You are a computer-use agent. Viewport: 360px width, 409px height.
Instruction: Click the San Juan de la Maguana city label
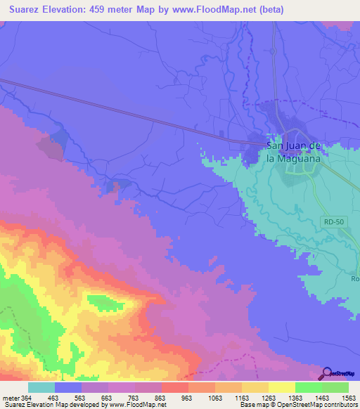(x=294, y=152)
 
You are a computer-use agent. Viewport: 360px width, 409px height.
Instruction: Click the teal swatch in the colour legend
(x=41, y=387)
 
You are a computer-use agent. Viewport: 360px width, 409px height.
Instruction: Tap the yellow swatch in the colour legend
(x=282, y=387)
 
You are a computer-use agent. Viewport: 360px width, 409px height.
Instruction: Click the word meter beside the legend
(x=10, y=397)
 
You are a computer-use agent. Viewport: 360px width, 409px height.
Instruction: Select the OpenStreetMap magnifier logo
(x=326, y=372)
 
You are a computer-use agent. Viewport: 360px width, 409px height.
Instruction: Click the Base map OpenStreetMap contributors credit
(x=298, y=405)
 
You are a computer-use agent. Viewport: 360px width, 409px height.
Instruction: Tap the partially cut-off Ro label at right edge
(x=355, y=278)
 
